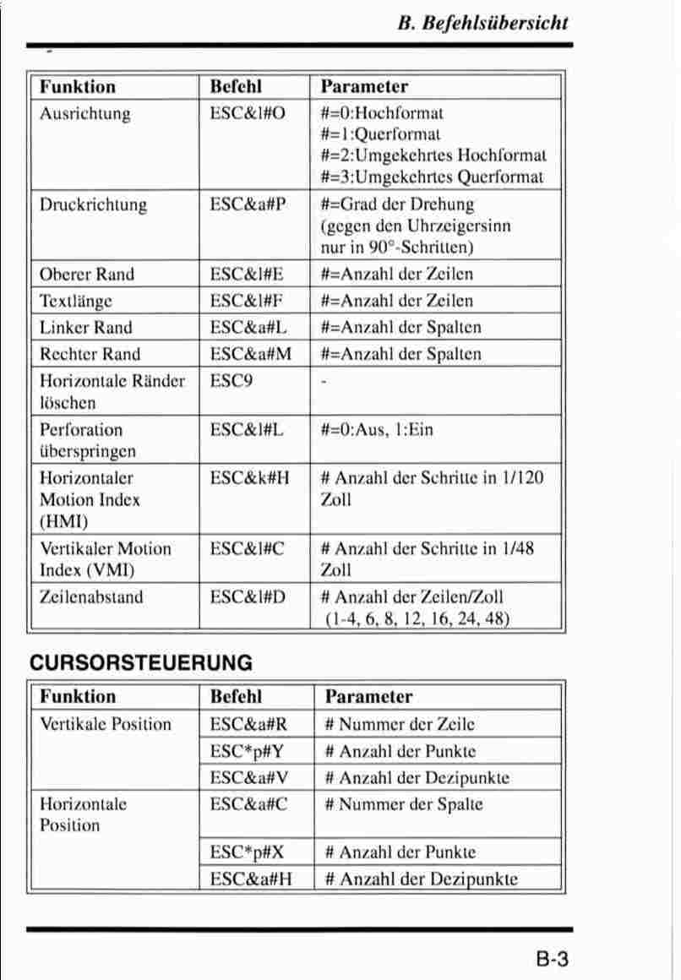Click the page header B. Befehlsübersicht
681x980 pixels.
[x=482, y=23]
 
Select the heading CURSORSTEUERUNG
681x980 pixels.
[x=141, y=663]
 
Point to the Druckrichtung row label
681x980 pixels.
[x=93, y=204]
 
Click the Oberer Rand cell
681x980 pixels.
[x=87, y=274]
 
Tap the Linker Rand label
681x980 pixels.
[x=86, y=327]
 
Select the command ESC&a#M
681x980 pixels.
[x=251, y=353]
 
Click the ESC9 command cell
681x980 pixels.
[x=232, y=380]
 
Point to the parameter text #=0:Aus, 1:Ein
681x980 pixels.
[x=377, y=429]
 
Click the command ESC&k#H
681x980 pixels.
[x=250, y=478]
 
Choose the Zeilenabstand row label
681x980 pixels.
[x=91, y=597]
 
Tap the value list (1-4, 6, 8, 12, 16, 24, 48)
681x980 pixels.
[x=417, y=618]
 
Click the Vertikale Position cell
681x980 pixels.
[x=106, y=724]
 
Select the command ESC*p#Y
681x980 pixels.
[x=246, y=751]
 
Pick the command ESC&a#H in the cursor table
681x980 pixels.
[x=251, y=879]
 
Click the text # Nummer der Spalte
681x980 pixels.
[x=404, y=804]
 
